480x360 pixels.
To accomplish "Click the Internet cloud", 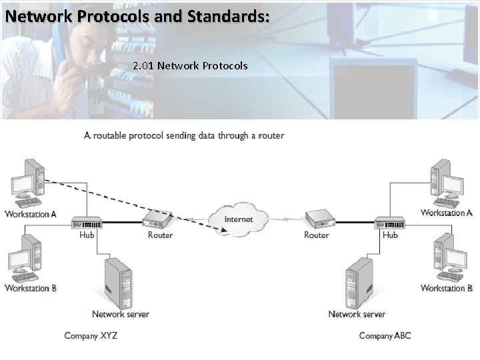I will [238, 219].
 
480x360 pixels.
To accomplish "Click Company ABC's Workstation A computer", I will [448, 181].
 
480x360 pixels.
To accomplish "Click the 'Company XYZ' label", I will [91, 335].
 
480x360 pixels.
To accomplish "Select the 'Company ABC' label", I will [385, 335].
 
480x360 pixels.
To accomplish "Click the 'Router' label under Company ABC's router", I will [316, 235].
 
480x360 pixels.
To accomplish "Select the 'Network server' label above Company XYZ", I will [121, 314].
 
